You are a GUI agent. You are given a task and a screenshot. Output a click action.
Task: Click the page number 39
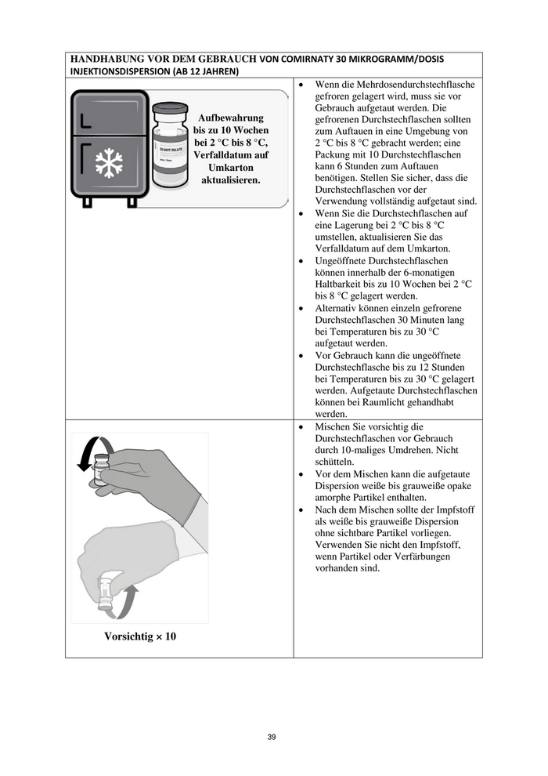272,737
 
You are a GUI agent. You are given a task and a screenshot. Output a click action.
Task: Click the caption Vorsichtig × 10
140,636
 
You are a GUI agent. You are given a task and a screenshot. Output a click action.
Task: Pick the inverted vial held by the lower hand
105,593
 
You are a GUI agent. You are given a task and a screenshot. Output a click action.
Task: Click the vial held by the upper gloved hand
102,470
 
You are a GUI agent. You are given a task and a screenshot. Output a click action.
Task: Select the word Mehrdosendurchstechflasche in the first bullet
409,84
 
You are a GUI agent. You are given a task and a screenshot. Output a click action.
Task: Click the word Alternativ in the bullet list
337,308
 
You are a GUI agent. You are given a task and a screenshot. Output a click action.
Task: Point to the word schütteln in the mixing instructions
337,462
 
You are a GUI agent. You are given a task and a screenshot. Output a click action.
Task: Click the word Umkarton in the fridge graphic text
230,168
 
